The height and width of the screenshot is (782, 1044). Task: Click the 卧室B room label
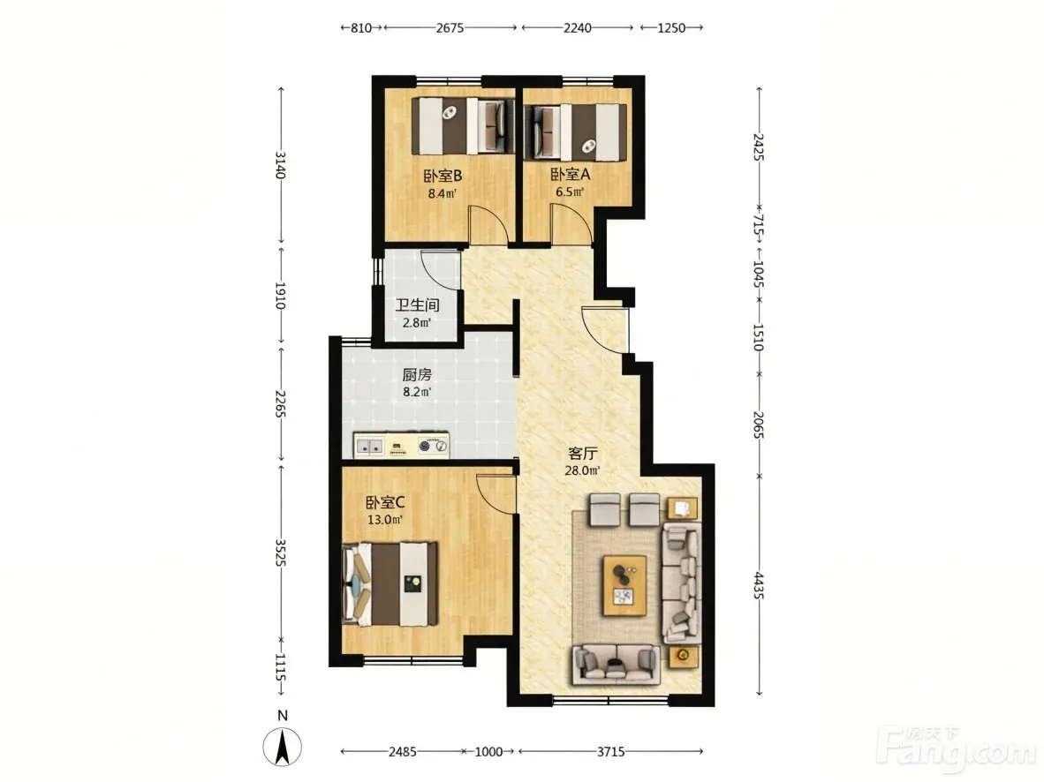(443, 176)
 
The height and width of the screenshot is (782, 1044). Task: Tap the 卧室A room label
(570, 175)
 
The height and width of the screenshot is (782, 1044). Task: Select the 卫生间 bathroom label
(417, 305)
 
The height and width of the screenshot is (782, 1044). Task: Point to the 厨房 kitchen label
(417, 375)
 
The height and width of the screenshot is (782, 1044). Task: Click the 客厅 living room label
(582, 454)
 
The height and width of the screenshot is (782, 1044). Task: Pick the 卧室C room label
(385, 502)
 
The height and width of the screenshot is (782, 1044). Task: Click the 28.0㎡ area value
(582, 471)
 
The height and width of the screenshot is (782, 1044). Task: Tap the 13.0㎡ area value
(385, 520)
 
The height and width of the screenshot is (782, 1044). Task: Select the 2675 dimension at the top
(450, 28)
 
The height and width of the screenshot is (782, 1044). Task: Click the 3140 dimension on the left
(280, 165)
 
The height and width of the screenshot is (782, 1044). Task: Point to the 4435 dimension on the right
(759, 585)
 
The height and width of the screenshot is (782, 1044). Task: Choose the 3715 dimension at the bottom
(610, 751)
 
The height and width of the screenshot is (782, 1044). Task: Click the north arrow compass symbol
(283, 747)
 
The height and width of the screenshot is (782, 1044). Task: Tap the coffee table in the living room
(624, 586)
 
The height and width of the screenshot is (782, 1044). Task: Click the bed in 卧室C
(390, 584)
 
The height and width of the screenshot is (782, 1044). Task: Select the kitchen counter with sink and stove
(402, 445)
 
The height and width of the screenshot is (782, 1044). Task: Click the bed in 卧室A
(575, 132)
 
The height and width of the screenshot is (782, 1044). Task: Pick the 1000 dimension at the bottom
(488, 751)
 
